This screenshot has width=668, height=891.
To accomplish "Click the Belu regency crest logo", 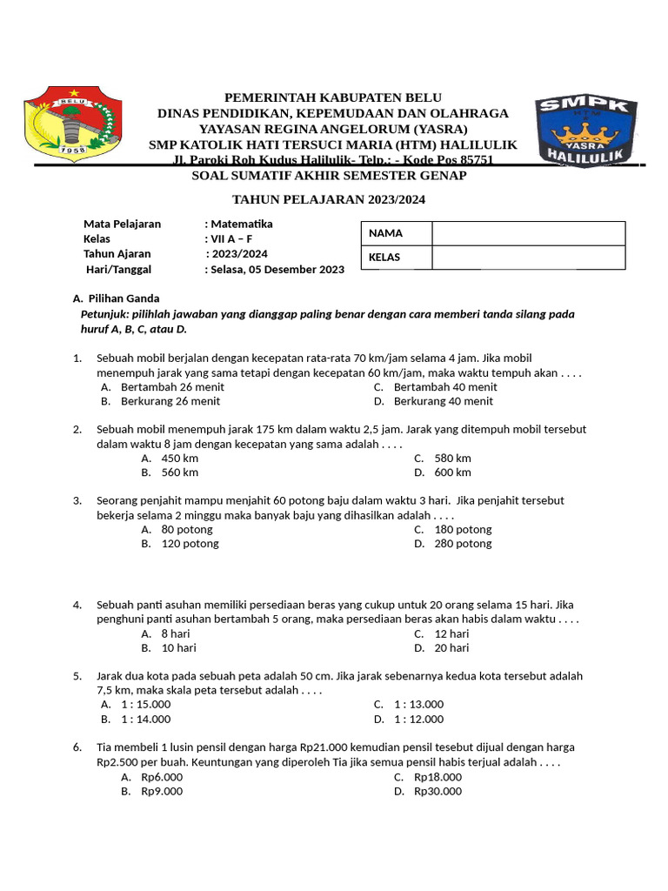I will (69, 123).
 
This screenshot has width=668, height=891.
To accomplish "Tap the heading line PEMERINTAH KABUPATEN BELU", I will (333, 97).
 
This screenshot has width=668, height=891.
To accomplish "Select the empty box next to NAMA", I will (528, 233).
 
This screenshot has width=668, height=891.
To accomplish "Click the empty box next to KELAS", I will (528, 258).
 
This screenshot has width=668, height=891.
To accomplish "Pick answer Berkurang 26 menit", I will (170, 401).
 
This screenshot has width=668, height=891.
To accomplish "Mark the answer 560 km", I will (180, 472).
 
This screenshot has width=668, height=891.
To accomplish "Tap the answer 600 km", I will (452, 472).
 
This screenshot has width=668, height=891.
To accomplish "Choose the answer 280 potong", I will (463, 544).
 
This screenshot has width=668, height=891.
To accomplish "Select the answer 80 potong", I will (187, 529).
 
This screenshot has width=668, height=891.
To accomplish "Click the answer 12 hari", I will (451, 633).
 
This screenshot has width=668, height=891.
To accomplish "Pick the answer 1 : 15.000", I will (146, 704).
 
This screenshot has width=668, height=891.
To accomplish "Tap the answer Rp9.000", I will (162, 791).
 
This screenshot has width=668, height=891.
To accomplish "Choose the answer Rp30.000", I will (438, 791).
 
